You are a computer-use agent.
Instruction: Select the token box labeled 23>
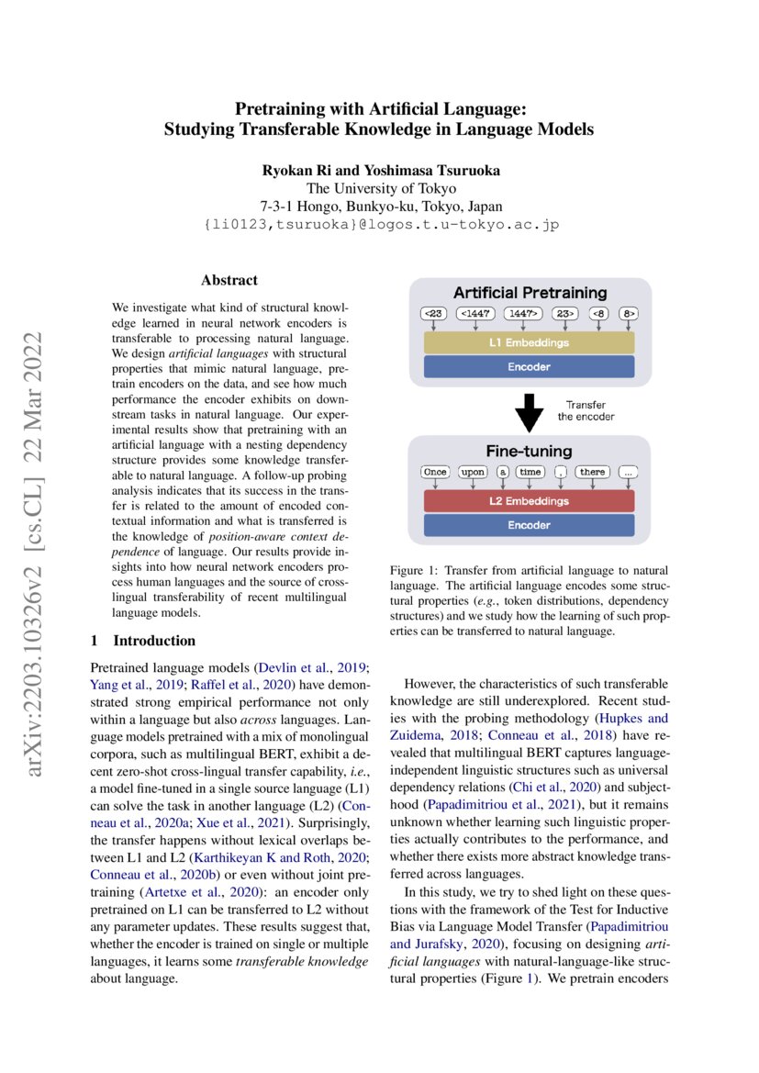coord(564,314)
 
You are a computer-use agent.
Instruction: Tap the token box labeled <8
coord(599,314)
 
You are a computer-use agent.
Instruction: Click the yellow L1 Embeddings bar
coord(529,342)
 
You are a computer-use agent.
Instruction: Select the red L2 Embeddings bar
coord(529,500)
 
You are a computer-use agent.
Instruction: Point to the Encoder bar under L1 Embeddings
coord(529,366)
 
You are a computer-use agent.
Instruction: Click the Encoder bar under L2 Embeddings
coord(529,525)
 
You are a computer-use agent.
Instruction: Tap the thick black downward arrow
coord(529,411)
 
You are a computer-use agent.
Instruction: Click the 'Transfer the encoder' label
coord(585,410)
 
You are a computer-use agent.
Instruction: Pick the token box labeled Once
coord(435,472)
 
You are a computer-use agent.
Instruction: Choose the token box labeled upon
coord(473,472)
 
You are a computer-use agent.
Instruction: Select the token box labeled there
coord(592,472)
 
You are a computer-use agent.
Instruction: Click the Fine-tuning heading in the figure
coord(529,452)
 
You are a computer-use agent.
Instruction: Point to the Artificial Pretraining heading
coord(530,293)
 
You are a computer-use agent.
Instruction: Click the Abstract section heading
coord(229,280)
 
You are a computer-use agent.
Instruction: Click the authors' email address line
coord(379,224)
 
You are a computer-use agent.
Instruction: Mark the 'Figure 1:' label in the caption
coord(416,571)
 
